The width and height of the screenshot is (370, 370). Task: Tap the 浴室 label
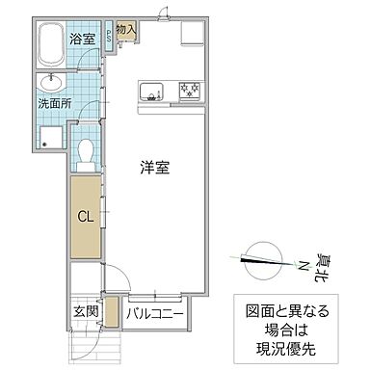[83, 40]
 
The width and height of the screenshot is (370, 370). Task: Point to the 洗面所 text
[54, 101]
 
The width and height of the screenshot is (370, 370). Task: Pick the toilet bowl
[85, 152]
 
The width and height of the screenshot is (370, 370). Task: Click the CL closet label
[84, 216]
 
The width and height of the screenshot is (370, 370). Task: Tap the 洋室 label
[153, 167]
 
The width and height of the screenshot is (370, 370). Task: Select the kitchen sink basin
[152, 92]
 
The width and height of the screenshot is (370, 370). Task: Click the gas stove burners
[187, 92]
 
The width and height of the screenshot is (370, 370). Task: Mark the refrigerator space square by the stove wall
[189, 34]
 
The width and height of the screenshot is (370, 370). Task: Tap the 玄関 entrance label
[84, 311]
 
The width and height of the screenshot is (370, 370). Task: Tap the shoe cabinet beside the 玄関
[110, 313]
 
